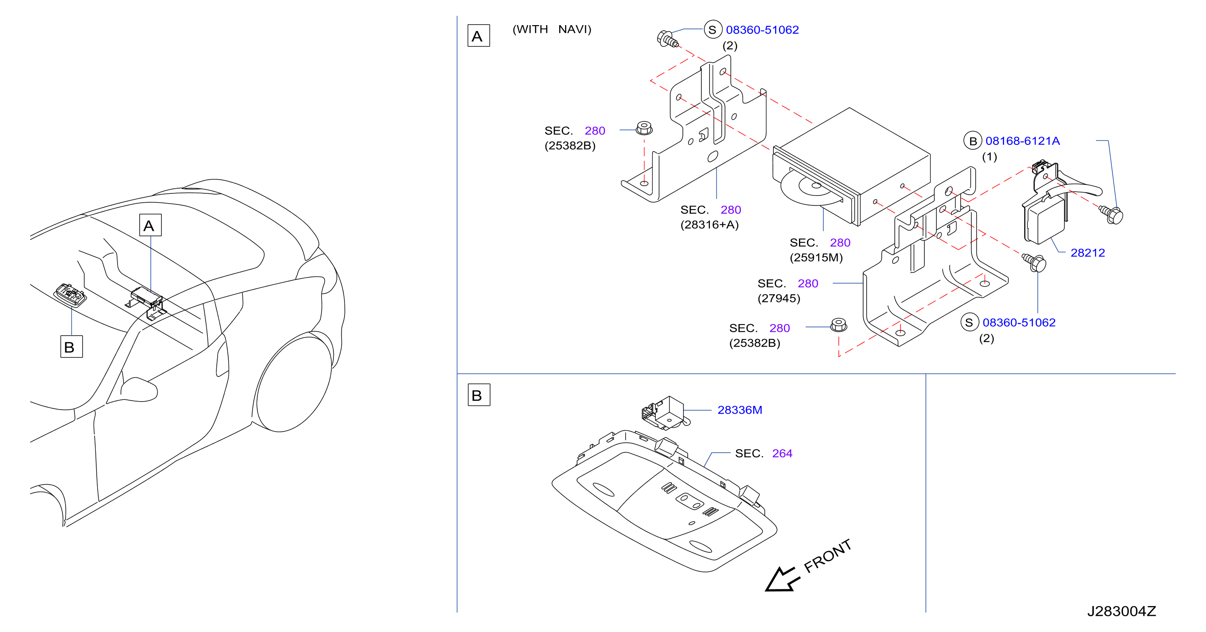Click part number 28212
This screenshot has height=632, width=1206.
click(x=1087, y=253)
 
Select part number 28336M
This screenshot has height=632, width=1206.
click(x=740, y=410)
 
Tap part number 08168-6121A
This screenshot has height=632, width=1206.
click(x=1022, y=141)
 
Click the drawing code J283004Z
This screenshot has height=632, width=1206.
click(x=1121, y=611)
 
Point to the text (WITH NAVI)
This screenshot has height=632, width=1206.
click(x=552, y=29)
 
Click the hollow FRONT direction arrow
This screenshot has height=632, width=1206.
click(x=782, y=579)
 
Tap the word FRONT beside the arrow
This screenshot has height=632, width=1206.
click(x=827, y=556)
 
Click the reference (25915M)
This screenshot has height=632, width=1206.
click(x=816, y=258)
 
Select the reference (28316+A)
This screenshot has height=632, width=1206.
click(x=709, y=225)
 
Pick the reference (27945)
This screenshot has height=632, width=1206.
click(x=778, y=298)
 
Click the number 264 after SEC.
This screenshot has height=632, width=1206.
click(x=782, y=453)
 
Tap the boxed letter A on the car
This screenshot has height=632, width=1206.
click(x=150, y=225)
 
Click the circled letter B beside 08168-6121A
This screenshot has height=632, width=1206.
click(x=972, y=141)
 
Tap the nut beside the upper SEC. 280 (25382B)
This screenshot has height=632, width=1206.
click(x=644, y=128)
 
